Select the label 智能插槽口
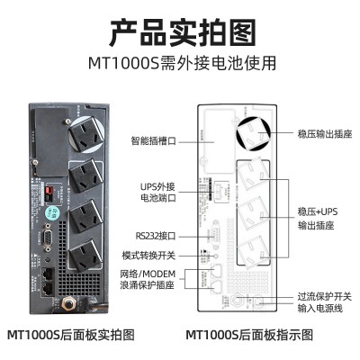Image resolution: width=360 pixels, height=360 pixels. (154, 140)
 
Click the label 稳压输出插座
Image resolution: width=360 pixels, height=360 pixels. (325, 133)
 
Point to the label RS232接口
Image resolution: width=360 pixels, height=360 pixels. (156, 236)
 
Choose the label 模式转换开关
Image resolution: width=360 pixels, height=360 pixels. (148, 256)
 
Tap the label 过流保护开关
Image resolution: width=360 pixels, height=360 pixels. (324, 296)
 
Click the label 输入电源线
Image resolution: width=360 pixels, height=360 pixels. (319, 308)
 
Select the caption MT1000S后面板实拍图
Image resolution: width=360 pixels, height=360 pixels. (70, 335)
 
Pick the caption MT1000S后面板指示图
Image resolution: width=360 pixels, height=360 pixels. (249, 335)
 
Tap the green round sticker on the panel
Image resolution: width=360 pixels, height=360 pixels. (52, 213)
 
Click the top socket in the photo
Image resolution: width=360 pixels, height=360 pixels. (85, 134)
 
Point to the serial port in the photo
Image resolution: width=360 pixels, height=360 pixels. (47, 237)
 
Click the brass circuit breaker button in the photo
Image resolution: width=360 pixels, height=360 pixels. (68, 304)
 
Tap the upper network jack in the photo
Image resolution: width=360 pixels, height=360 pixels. (48, 274)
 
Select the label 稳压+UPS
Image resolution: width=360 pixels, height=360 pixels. (318, 211)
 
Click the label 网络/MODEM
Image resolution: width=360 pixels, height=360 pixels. (148, 274)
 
